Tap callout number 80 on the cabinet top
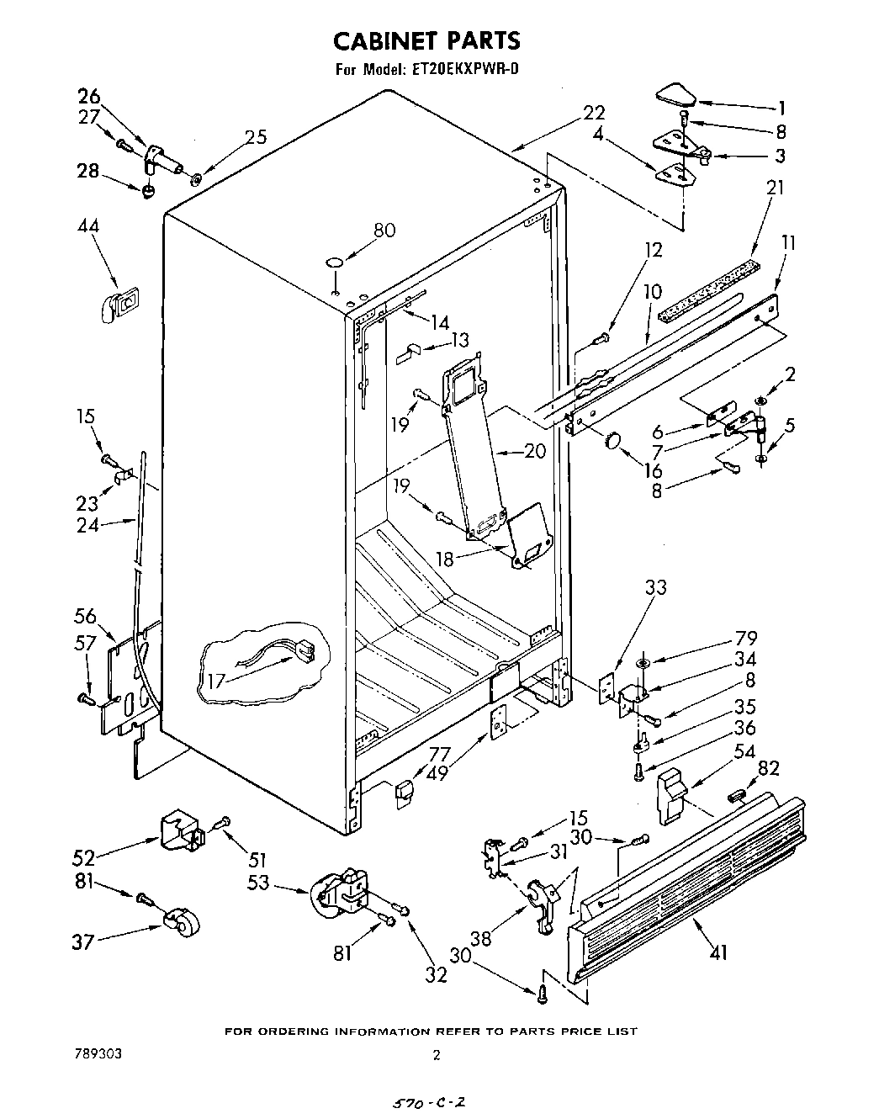tap(384, 229)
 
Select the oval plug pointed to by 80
tap(335, 263)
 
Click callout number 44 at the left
tap(87, 226)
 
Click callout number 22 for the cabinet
tap(594, 112)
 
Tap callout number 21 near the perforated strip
tap(774, 187)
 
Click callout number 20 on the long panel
tap(534, 451)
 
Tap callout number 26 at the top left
tap(88, 95)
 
